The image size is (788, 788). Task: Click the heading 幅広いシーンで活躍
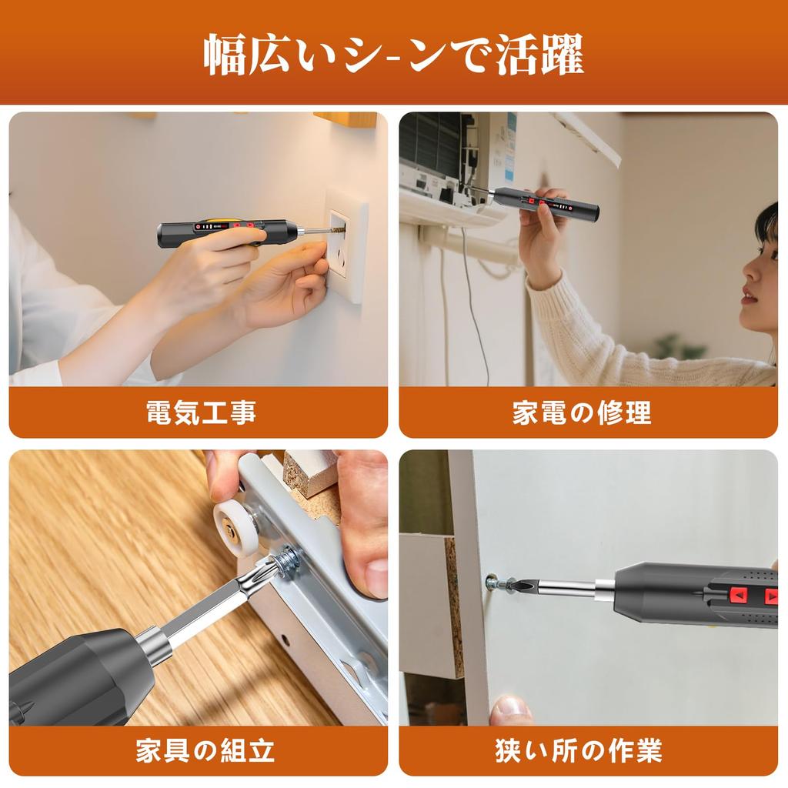pyautogui.click(x=393, y=55)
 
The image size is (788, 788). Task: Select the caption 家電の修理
pyautogui.click(x=582, y=412)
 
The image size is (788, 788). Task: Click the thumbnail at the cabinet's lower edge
pyautogui.click(x=509, y=709)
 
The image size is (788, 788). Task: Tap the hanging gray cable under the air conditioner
pyautogui.click(x=471, y=308)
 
